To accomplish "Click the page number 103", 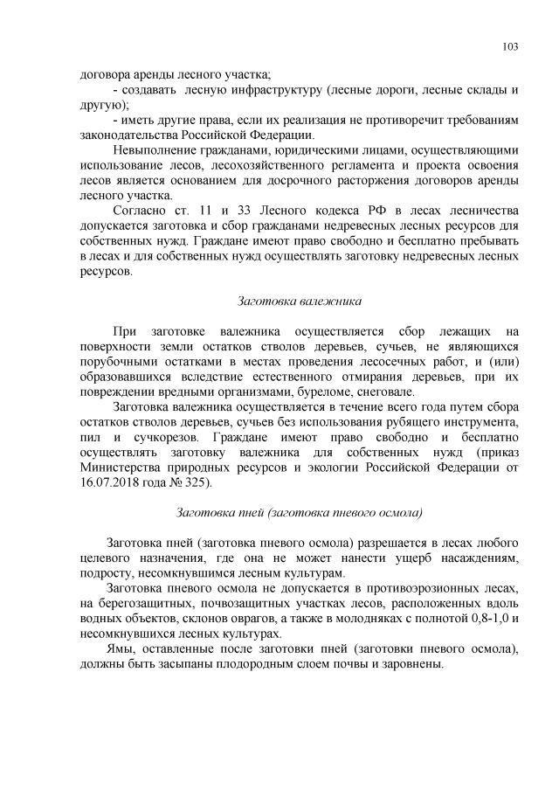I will (x=511, y=48).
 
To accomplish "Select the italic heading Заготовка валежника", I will (x=300, y=301).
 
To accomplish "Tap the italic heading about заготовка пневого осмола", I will (x=300, y=512).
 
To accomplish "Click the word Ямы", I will (x=118, y=648).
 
